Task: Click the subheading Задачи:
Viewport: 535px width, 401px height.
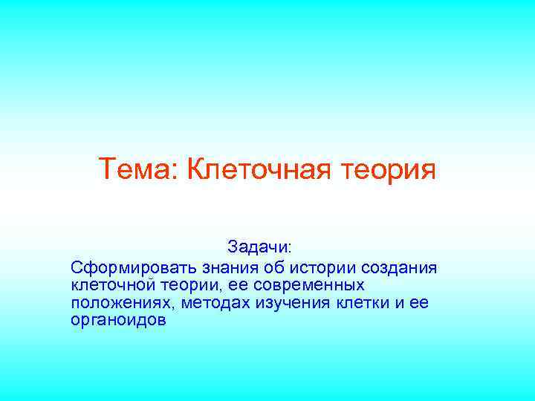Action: [260, 246]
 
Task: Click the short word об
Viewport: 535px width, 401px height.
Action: [275, 266]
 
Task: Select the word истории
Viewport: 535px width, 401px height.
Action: [322, 266]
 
